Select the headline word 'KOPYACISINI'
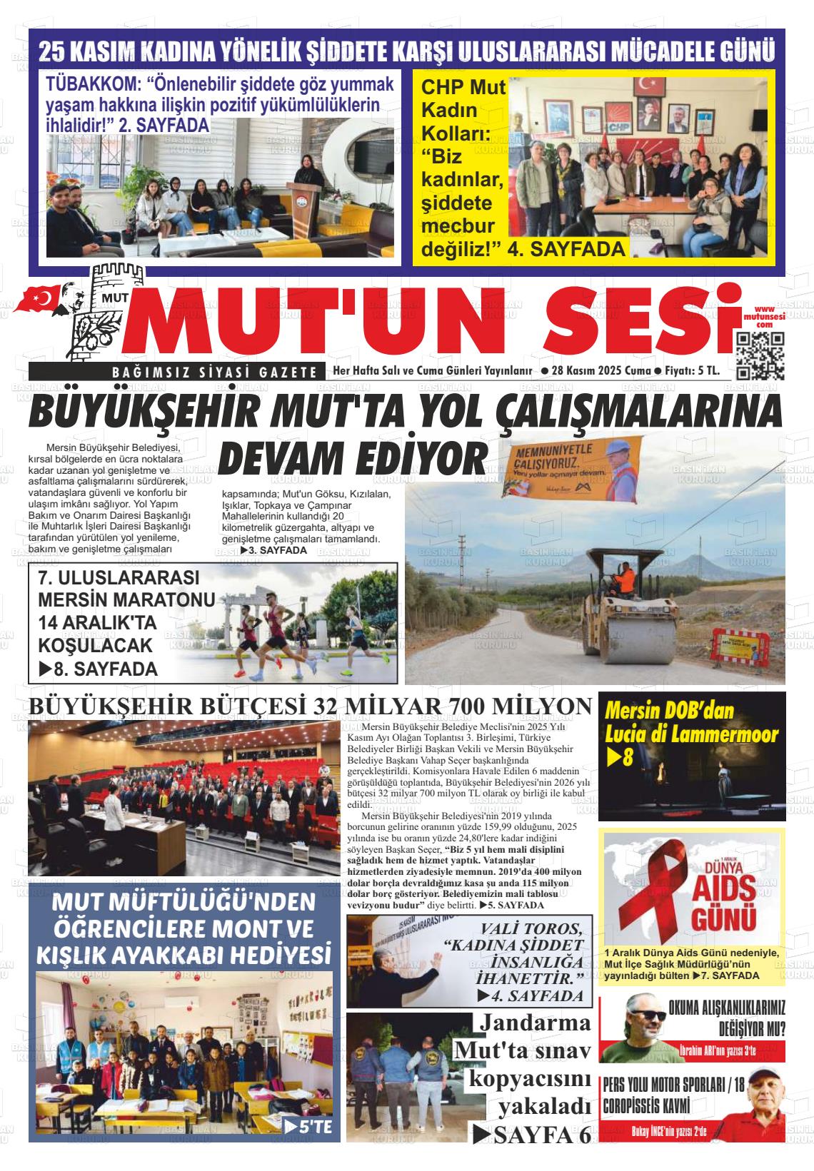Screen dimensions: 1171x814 [x=530, y=1078]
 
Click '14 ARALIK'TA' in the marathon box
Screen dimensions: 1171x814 [x=97, y=622]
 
